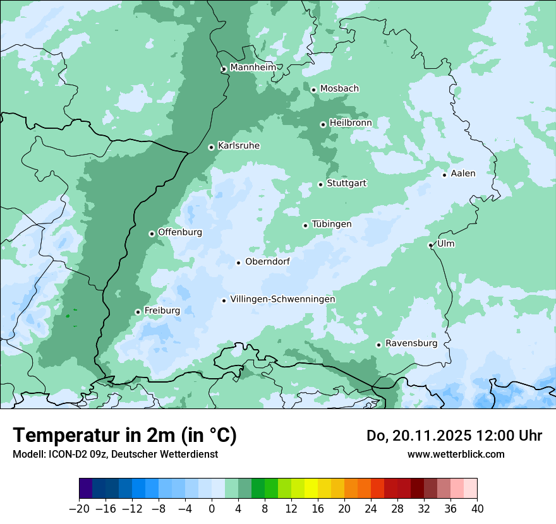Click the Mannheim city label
click(253, 67)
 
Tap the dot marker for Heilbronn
click(323, 124)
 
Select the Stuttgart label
click(346, 183)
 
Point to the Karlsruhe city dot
click(211, 147)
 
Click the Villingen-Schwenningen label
click(282, 299)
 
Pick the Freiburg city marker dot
click(138, 312)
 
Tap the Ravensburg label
click(411, 343)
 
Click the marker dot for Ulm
click(430, 245)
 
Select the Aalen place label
click(462, 174)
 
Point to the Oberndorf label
click(267, 261)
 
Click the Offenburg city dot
click(152, 234)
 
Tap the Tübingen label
click(331, 224)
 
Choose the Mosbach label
click(339, 89)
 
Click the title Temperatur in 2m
click(124, 435)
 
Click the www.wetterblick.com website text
click(456, 454)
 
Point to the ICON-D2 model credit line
click(115, 454)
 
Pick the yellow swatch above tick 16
click(311, 489)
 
